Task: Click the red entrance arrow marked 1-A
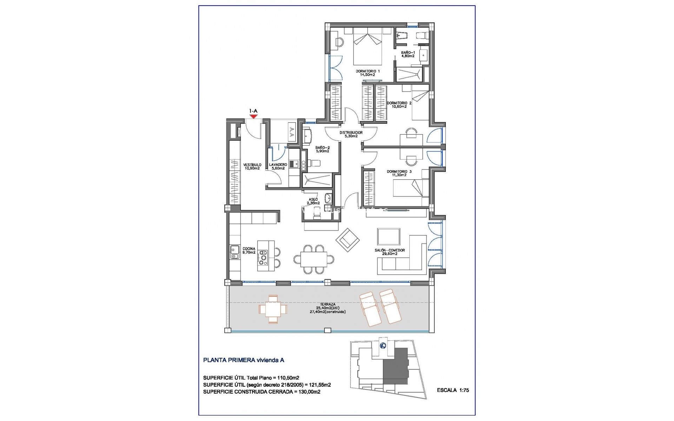(253, 116)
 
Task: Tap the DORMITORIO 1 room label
(368, 73)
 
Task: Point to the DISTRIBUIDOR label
(351, 134)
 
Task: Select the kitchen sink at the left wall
(234, 252)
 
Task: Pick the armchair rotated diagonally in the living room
(348, 240)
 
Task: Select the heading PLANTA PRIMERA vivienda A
(244, 360)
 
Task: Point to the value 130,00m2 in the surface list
(308, 392)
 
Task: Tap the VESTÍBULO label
(252, 166)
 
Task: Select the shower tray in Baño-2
(317, 181)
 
